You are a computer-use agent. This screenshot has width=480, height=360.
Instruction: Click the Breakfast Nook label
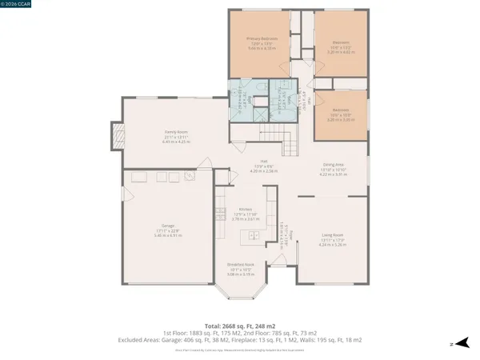[240, 265]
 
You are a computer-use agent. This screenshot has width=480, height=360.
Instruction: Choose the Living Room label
[334, 235]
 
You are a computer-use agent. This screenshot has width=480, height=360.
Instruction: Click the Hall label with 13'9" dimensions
[258, 165]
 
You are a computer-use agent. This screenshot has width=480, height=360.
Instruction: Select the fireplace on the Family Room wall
[117, 138]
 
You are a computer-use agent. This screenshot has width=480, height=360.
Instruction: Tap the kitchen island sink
[251, 235]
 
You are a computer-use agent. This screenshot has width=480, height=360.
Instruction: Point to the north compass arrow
[451, 342]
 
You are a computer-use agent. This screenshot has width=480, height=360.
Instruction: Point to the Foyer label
[291, 234]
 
